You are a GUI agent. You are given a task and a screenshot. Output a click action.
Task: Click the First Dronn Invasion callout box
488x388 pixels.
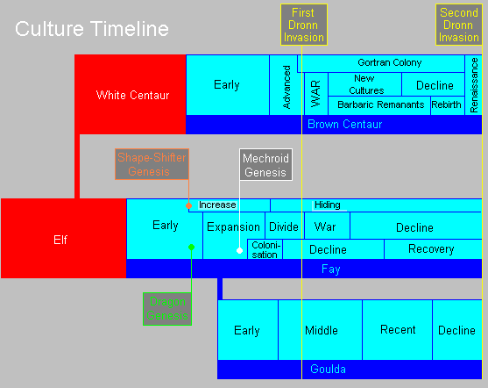pyautogui.click(x=304, y=25)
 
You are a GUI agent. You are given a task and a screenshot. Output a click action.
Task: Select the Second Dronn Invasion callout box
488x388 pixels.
pyautogui.click(x=459, y=25)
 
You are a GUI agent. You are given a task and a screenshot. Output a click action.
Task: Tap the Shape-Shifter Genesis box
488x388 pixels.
pyautogui.click(x=152, y=164)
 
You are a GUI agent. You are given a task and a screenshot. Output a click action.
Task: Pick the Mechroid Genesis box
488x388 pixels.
pyautogui.click(x=265, y=164)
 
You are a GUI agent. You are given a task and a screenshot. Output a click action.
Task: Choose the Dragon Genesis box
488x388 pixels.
pyautogui.click(x=167, y=309)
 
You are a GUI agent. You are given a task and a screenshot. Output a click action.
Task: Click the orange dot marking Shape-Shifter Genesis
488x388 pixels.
pyautogui.click(x=188, y=206)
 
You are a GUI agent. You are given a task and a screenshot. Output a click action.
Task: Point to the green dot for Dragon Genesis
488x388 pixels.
pyautogui.click(x=191, y=248)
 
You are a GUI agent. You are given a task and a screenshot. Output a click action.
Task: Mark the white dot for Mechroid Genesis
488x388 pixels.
pyautogui.click(x=239, y=250)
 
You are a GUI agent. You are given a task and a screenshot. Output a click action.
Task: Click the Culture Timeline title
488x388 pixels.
pyautogui.click(x=92, y=29)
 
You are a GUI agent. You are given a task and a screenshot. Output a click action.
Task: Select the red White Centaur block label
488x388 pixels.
pyautogui.click(x=132, y=95)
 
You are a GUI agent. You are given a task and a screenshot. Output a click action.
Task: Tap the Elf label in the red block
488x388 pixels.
pyautogui.click(x=60, y=240)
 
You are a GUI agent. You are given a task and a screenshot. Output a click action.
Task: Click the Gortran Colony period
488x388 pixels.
pyautogui.click(x=389, y=62)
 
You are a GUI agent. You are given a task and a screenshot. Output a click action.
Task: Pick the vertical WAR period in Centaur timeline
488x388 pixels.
pyautogui.click(x=316, y=94)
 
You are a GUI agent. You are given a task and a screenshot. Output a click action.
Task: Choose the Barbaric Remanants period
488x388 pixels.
pyautogui.click(x=380, y=104)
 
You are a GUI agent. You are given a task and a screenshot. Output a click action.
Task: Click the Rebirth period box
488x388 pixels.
pyautogui.click(x=446, y=104)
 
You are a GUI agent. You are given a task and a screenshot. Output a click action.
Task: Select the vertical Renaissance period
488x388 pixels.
pyautogui.click(x=473, y=85)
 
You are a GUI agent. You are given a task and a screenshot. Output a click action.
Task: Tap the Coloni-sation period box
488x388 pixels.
pyautogui.click(x=265, y=249)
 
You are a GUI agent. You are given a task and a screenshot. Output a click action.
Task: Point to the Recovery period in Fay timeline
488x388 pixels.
pyautogui.click(x=431, y=249)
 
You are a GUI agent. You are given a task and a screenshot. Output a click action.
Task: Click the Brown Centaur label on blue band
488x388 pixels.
pyautogui.click(x=345, y=124)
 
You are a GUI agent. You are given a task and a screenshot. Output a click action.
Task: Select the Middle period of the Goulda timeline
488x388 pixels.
pyautogui.click(x=321, y=330)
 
